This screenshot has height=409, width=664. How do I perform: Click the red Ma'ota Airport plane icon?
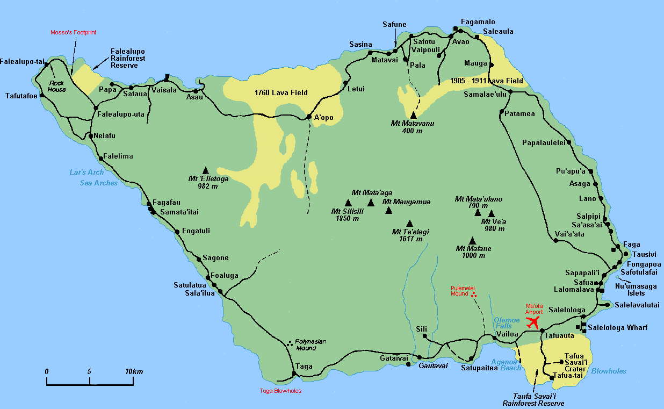(532, 322)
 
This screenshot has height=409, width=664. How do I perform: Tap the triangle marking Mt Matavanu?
(413, 114)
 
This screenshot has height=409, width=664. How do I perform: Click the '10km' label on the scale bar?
(134, 372)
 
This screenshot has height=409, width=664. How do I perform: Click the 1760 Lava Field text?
(281, 93)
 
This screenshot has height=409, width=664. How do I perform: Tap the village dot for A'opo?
(309, 117)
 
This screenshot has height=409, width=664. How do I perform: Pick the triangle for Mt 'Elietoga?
(205, 170)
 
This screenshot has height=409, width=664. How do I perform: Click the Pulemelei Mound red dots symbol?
(473, 294)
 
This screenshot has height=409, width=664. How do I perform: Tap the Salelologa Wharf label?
(618, 327)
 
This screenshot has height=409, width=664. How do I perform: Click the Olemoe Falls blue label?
(507, 323)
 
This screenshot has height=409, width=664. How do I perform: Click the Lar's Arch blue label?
(86, 173)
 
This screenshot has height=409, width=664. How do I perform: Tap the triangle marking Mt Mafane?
(472, 240)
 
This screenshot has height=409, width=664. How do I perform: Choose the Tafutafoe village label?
(22, 96)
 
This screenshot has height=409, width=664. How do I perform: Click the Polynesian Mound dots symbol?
(291, 343)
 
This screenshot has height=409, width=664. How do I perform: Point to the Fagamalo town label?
(478, 21)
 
